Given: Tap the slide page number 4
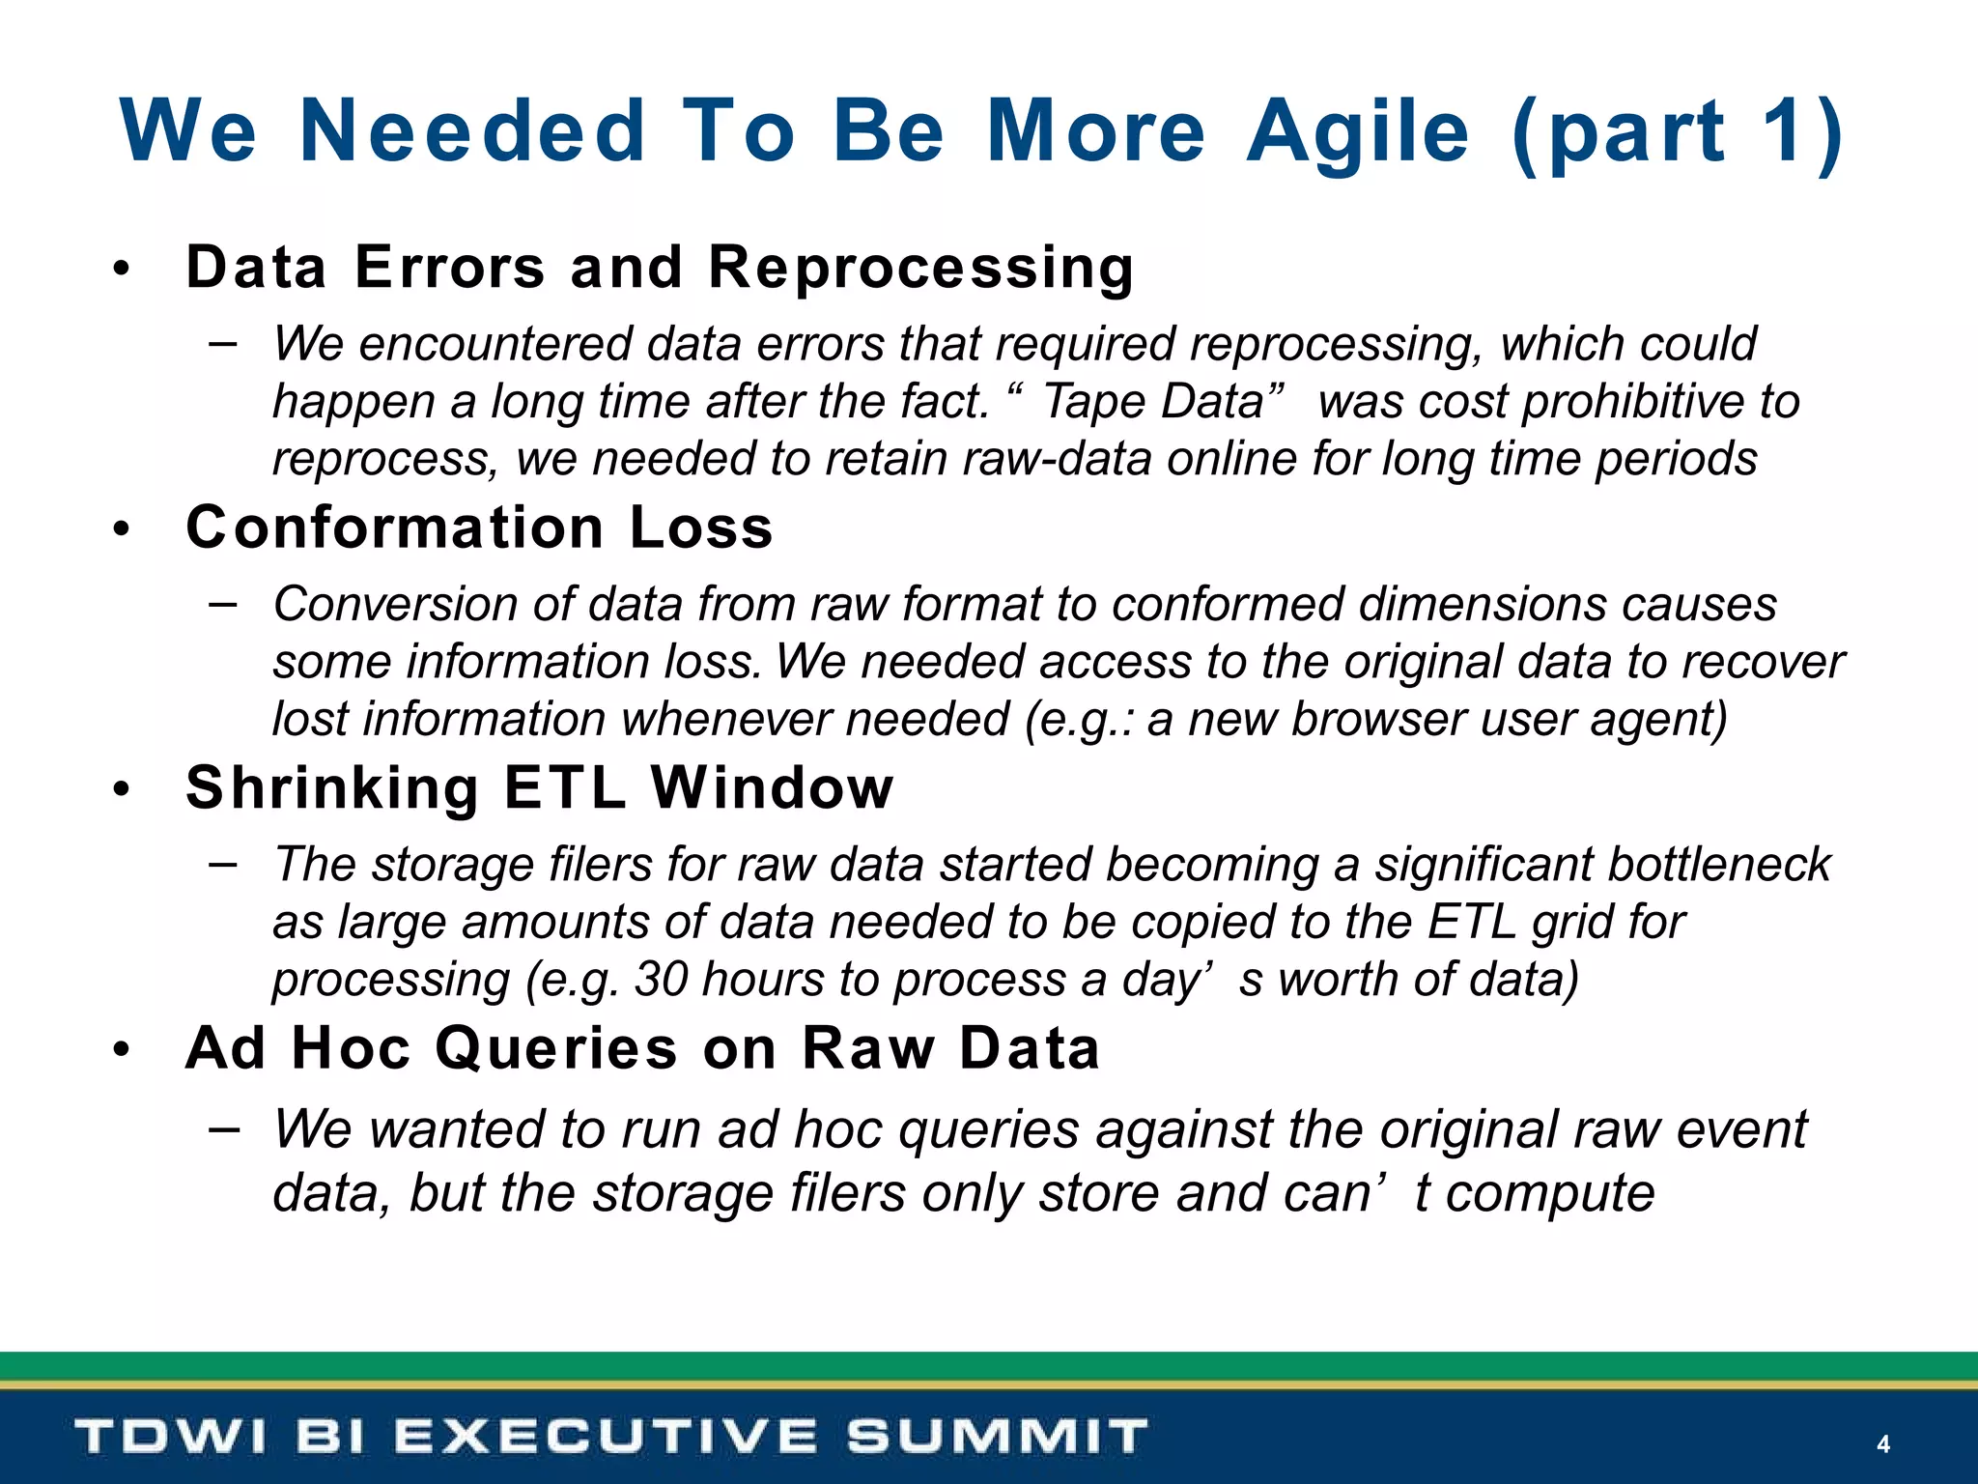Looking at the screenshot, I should pyautogui.click(x=1882, y=1443).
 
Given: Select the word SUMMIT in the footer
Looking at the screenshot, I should pyautogui.click(x=998, y=1437).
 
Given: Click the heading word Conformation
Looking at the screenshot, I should pyautogui.click(x=395, y=528).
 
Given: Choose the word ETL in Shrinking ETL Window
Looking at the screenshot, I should pyautogui.click(x=564, y=787).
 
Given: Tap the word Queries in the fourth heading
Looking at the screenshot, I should pyautogui.click(x=556, y=1048).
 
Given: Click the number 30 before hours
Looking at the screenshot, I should pyautogui.click(x=661, y=980).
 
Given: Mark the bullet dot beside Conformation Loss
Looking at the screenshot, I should pyautogui.click(x=121, y=529).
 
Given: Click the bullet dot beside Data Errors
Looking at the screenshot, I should pyautogui.click(x=121, y=270).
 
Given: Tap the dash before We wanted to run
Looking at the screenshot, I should pyautogui.click(x=223, y=1127).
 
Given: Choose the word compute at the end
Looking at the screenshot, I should pyautogui.click(x=1549, y=1192).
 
